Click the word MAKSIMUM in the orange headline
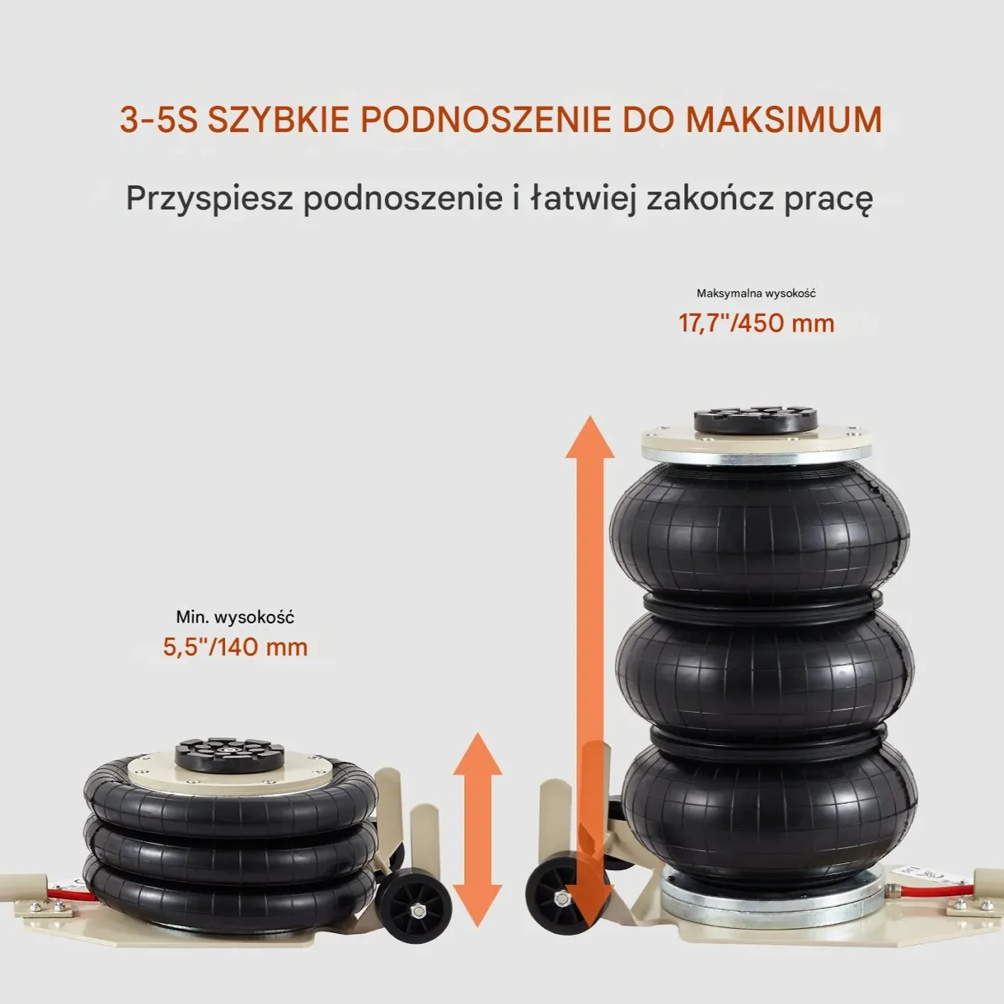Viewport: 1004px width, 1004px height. [783, 119]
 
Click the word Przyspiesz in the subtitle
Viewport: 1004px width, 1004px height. [209, 198]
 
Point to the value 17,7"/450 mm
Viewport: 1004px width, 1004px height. [756, 324]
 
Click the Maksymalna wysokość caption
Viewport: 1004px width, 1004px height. [756, 293]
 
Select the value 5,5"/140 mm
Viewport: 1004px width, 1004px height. [235, 648]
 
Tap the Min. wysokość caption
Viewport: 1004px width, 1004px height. [235, 617]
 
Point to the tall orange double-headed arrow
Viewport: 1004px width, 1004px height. [590, 667]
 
